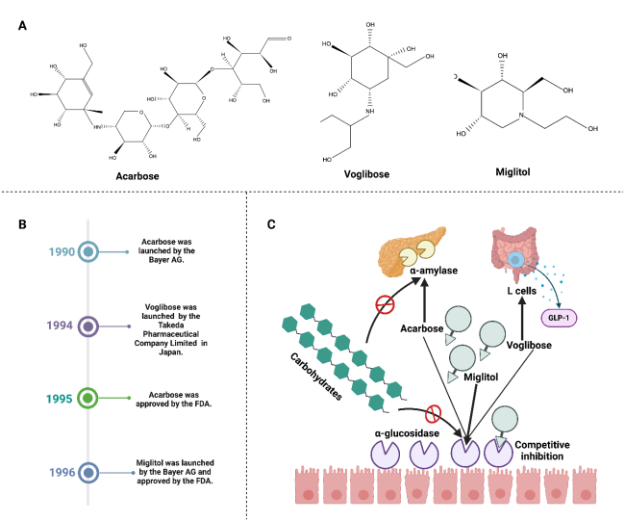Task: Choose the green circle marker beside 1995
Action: coord(89,396)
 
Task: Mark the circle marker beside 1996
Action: coord(89,472)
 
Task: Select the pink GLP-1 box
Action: coord(547,316)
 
